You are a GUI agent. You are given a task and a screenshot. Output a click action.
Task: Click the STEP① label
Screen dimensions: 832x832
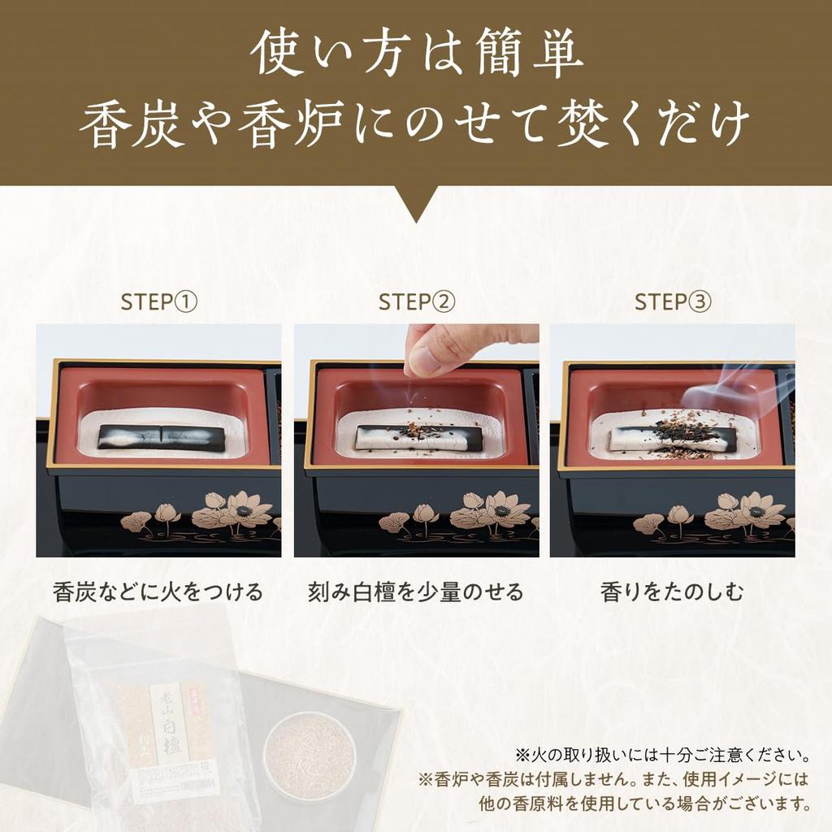(x=158, y=302)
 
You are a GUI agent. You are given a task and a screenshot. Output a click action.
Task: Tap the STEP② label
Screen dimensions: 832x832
(x=416, y=302)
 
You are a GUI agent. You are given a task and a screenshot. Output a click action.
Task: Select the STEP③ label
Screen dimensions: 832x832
(x=672, y=302)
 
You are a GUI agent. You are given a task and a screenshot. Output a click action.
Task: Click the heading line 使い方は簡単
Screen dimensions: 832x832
(x=416, y=55)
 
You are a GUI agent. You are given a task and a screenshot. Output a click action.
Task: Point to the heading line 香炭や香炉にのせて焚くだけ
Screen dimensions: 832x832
(x=416, y=127)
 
